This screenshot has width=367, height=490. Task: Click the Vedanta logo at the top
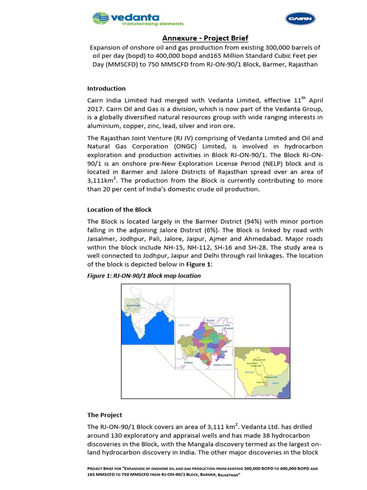coord(137,19)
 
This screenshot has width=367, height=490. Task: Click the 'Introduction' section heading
coord(106,89)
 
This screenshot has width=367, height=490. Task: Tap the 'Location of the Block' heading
coord(119,210)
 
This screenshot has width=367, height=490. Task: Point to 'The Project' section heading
coord(104,415)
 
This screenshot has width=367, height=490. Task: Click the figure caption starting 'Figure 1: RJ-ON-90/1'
coord(144,276)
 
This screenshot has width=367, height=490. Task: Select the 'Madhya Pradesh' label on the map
coord(222,365)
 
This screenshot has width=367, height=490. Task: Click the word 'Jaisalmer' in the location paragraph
coord(102,239)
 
